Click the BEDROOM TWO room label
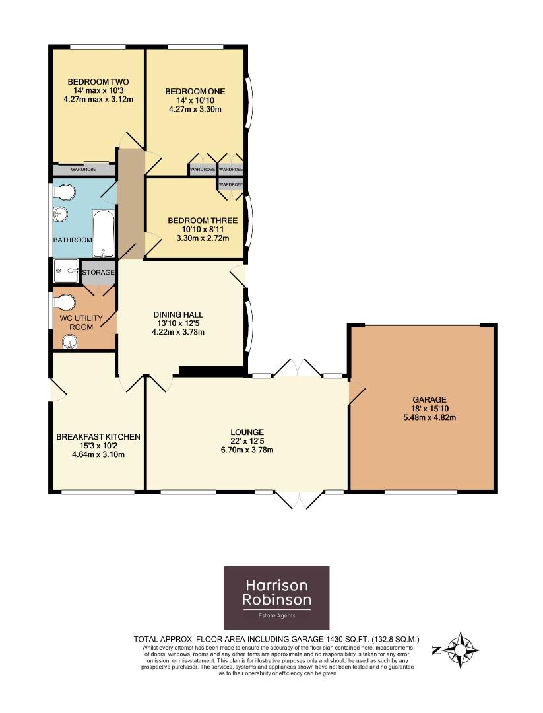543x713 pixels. pos(98,82)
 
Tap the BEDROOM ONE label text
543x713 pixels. pos(195,91)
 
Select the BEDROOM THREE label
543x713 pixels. pos(203,221)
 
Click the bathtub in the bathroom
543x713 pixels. pos(104,233)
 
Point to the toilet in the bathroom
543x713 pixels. pos(63,192)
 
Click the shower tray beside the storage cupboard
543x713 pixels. pos(66,271)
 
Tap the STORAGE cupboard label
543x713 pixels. pos(98,273)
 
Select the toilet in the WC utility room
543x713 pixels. pos(63,302)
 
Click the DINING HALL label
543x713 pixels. pos(178,315)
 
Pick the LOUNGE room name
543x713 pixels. pos(247,432)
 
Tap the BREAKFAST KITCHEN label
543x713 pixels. pos(98,437)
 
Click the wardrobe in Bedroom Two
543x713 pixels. pos(84,170)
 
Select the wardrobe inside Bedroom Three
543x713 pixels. pos(230,184)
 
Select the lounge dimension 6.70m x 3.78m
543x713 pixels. pos(247,450)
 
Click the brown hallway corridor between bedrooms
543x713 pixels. pos(131,203)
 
